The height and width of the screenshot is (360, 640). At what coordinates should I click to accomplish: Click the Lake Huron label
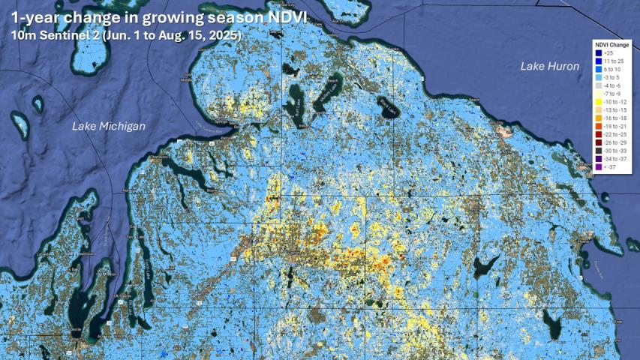pyautogui.click(x=550, y=67)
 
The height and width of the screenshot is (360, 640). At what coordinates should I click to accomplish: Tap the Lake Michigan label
pyautogui.click(x=108, y=127)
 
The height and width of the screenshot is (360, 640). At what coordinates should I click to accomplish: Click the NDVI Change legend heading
pyautogui.click(x=612, y=46)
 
